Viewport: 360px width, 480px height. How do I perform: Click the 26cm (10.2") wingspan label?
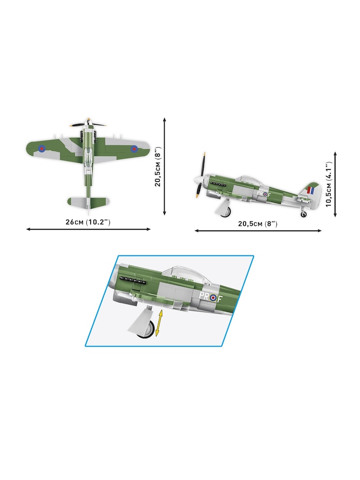tap(88, 222)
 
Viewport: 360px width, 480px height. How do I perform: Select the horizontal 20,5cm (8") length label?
tap(257, 224)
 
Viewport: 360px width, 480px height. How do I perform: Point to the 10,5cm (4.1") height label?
tap(329, 185)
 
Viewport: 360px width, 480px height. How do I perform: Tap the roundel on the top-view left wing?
tap(42, 148)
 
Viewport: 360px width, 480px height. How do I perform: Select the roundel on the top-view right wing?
tap(134, 148)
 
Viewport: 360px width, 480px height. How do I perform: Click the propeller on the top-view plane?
tap(88, 124)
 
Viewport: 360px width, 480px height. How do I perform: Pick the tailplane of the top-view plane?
tap(88, 202)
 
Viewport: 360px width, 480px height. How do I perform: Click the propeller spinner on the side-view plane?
tap(197, 181)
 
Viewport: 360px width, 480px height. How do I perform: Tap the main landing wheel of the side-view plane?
tap(225, 212)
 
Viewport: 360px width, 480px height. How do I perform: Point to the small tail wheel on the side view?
tap(303, 215)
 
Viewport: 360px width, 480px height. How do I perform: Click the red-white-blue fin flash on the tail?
tap(311, 191)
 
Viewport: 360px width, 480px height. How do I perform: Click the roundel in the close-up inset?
tap(212, 298)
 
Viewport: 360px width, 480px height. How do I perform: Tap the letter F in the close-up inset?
tap(219, 298)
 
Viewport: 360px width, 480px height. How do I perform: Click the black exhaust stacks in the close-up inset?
tap(132, 280)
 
